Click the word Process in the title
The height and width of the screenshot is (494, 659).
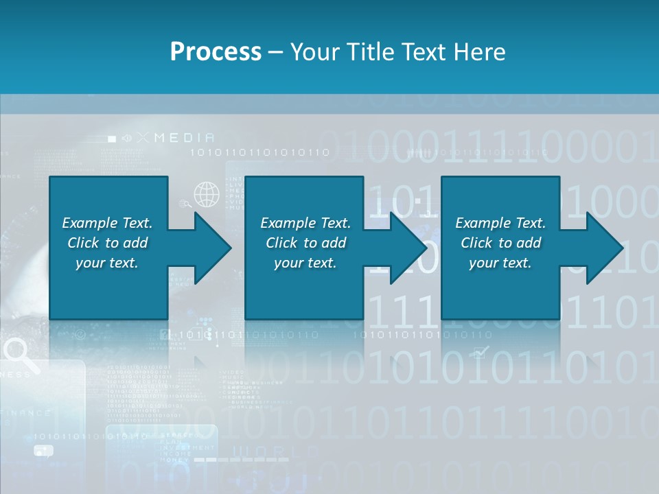(216, 51)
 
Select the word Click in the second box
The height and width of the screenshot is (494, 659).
(281, 243)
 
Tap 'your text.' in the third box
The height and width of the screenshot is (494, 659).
(500, 263)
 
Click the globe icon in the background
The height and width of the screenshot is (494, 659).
(206, 194)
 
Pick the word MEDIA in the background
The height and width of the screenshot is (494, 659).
(184, 138)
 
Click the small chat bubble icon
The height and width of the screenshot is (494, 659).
(43, 451)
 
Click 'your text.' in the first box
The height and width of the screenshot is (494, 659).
(106, 263)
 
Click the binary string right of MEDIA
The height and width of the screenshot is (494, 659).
(259, 152)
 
